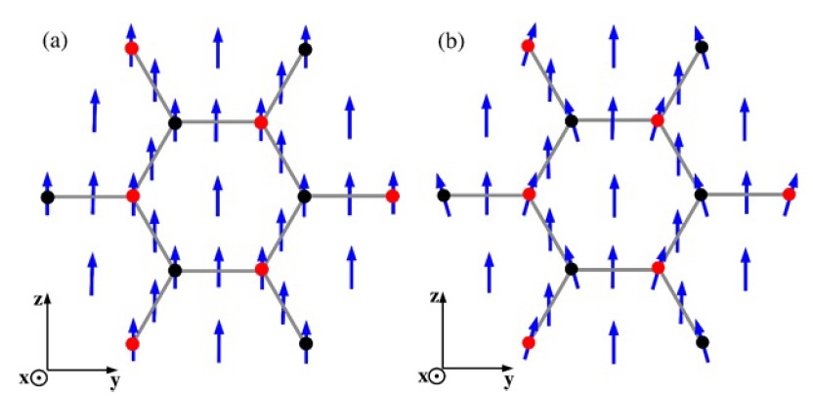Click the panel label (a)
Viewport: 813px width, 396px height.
(55, 41)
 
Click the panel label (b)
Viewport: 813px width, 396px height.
(450, 41)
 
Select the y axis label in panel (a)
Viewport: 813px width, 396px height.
(115, 381)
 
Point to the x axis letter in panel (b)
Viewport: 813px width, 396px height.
(427, 377)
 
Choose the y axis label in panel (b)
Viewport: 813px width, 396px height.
(509, 381)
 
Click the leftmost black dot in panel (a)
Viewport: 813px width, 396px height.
(48, 198)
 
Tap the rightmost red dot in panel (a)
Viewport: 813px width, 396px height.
(393, 196)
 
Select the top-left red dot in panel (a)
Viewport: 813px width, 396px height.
(132, 49)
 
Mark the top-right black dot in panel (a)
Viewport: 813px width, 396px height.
(306, 49)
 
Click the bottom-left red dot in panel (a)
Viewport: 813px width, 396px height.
(132, 343)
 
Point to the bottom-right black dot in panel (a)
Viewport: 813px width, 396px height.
(306, 343)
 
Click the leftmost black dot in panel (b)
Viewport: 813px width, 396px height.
(443, 196)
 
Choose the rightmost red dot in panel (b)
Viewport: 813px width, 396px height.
(789, 195)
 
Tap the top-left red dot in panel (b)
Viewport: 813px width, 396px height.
(528, 47)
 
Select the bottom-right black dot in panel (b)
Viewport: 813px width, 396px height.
(702, 342)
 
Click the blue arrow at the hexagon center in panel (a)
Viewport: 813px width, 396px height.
(218, 196)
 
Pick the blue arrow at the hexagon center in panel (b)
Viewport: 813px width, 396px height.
(614, 195)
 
